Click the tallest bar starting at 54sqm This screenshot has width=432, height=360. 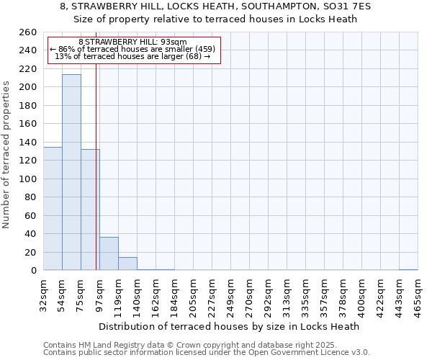[71, 172]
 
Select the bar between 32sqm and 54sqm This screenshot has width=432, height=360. [53, 209]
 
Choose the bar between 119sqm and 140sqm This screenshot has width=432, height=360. [127, 264]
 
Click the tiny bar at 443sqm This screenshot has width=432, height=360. [408, 269]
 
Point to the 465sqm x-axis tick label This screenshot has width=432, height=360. [418, 294]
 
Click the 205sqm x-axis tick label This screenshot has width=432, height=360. [193, 294]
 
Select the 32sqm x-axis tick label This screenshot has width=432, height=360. [43, 294]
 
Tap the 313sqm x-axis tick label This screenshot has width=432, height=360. [287, 294]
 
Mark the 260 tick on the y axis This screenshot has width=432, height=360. [28, 32]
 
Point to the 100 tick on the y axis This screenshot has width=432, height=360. [28, 179]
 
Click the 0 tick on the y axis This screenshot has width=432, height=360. [33, 271]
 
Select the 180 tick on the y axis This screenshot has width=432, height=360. [28, 106]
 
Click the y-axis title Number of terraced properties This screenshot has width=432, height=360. [6, 155]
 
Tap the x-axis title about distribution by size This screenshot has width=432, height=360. [228, 326]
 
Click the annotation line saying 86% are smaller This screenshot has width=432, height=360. [132, 49]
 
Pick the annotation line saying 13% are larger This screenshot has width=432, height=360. [132, 56]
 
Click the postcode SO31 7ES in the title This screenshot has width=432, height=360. [332, 6]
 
